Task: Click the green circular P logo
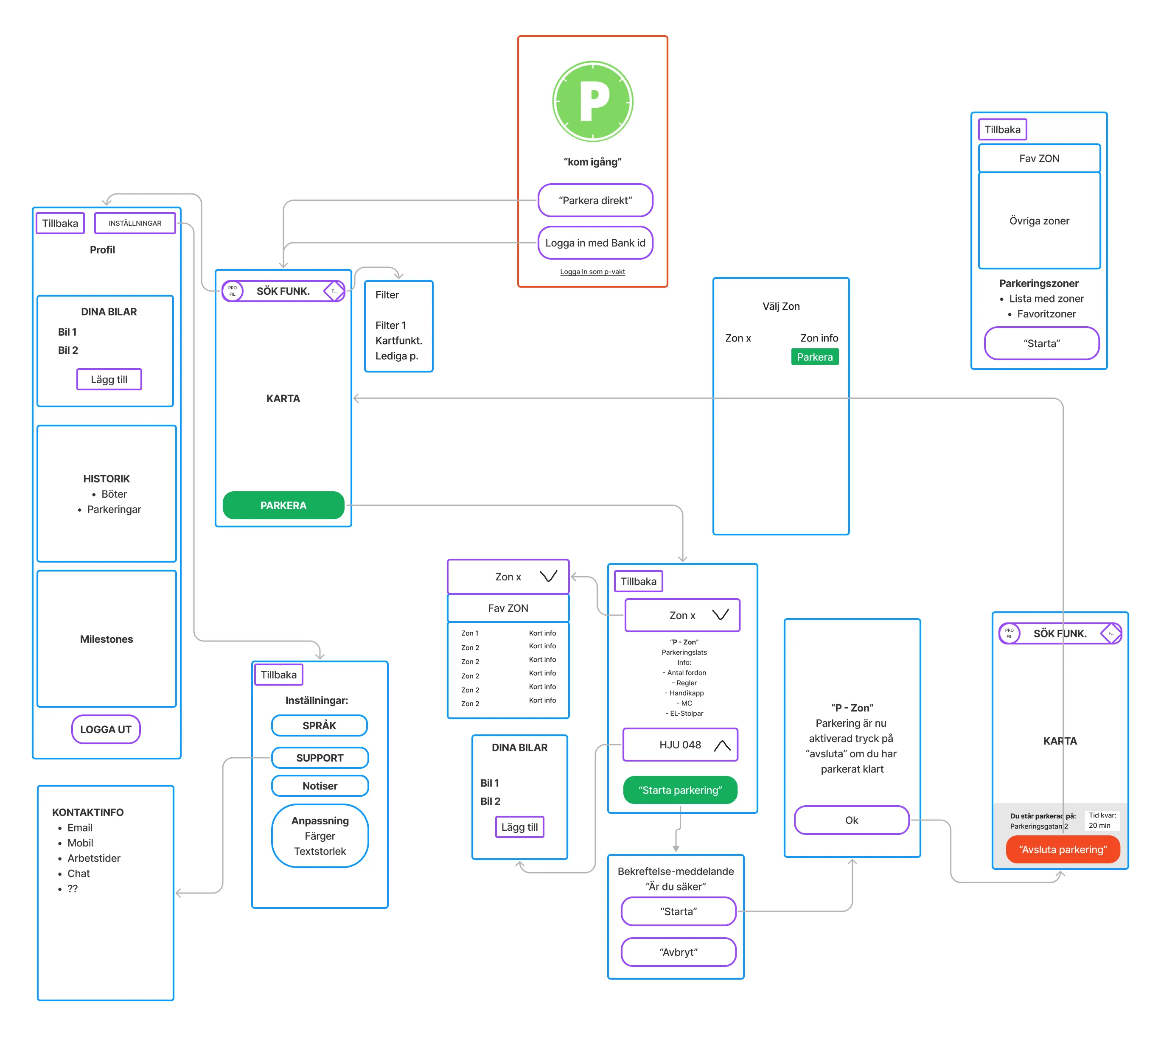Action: pos(592,101)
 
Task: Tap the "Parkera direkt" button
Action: pos(595,200)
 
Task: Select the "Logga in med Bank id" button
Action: pos(595,243)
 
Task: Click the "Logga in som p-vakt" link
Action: pos(592,272)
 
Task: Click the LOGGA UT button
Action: pos(106,729)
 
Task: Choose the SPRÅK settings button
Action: pos(319,725)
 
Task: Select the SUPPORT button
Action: pos(319,758)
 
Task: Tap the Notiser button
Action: pos(319,786)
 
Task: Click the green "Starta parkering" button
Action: pos(680,790)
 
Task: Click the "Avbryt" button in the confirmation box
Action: pos(678,952)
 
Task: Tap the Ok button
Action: pos(851,820)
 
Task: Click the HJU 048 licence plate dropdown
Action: pos(680,745)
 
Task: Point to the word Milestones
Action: pos(106,639)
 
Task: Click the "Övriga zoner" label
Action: pos(1039,221)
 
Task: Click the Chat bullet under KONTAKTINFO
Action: pos(79,873)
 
